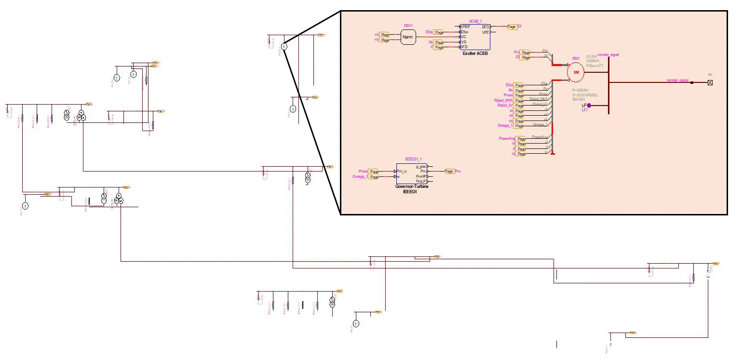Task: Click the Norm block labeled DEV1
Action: (x=408, y=37)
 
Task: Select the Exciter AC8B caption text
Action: (x=475, y=53)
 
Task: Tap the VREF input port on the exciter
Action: (x=466, y=27)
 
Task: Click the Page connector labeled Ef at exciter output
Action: (x=512, y=27)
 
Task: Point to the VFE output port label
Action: (x=486, y=32)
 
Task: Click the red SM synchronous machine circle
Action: (x=576, y=72)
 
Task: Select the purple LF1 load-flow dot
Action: (x=589, y=105)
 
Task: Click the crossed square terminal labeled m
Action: (x=710, y=82)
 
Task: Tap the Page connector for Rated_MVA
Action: (x=519, y=101)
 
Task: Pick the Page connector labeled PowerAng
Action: (x=521, y=139)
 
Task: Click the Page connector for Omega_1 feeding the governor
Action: (x=374, y=177)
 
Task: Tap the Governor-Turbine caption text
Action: (x=412, y=187)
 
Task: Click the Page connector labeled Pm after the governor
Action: (x=449, y=171)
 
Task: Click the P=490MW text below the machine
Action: (x=581, y=91)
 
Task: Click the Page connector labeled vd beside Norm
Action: (x=385, y=35)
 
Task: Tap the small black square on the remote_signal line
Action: (x=692, y=82)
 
